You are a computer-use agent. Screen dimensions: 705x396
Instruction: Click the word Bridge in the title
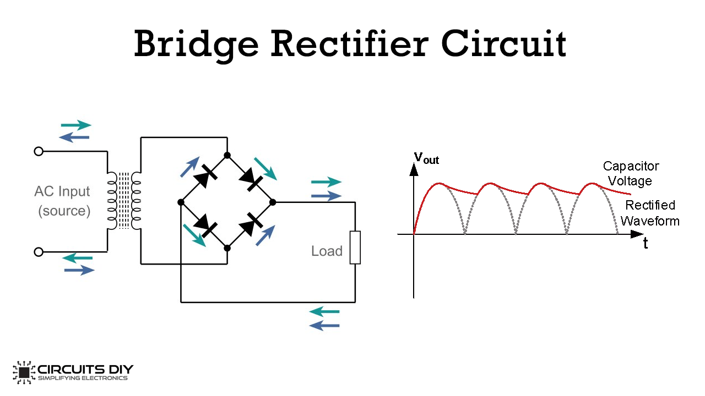(x=197, y=45)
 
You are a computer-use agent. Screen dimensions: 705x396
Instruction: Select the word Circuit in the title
(x=503, y=43)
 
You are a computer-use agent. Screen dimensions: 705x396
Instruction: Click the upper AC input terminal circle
(x=39, y=151)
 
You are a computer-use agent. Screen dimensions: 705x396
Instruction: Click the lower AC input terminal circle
(x=39, y=252)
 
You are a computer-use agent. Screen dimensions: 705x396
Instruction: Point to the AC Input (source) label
(x=63, y=201)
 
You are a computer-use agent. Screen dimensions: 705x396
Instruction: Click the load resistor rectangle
(x=355, y=248)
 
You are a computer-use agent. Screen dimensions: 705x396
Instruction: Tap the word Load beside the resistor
(x=327, y=251)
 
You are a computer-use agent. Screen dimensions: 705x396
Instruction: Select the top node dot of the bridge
(x=227, y=155)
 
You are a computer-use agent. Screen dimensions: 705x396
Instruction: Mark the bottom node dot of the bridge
(x=227, y=248)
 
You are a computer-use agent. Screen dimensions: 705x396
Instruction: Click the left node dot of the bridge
(x=181, y=202)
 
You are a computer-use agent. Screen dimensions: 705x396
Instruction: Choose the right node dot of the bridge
(x=273, y=202)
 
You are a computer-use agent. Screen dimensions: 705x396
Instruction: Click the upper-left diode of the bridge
(x=205, y=177)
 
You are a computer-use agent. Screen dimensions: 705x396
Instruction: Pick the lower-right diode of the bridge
(x=251, y=224)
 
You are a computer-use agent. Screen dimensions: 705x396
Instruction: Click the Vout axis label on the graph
(x=426, y=158)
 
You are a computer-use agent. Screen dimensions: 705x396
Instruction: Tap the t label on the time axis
(x=646, y=243)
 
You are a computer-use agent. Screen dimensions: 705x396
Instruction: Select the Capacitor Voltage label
(x=631, y=173)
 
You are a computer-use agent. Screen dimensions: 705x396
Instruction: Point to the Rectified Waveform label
(x=650, y=213)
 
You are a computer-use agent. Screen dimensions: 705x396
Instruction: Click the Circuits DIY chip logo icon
(x=24, y=372)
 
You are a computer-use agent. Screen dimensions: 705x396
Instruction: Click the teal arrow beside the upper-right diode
(x=265, y=169)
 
